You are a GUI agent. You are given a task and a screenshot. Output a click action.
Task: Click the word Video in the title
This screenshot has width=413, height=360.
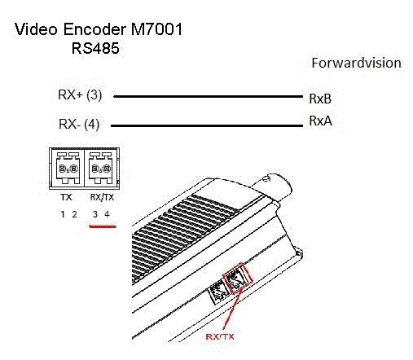pos(36,29)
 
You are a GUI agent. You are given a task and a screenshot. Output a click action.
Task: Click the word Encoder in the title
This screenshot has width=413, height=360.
pos(94,29)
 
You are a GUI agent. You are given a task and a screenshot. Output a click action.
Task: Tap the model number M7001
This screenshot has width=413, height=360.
pos(156,29)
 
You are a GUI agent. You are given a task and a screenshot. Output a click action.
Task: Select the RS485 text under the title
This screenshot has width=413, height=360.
pos(95,48)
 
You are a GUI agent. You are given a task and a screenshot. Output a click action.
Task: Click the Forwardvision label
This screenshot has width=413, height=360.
pos(356,63)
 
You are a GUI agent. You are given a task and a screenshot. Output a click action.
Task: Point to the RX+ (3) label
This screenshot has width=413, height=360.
pos(80,94)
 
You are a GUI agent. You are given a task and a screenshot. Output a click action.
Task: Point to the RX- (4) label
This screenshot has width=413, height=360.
pos(79,124)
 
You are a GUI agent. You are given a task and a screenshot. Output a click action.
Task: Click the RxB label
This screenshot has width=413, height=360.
pos(320,99)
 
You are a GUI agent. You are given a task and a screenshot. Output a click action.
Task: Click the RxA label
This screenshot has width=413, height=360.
pos(320,121)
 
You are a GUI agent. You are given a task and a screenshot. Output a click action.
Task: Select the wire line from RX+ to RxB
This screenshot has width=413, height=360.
pos(208,96)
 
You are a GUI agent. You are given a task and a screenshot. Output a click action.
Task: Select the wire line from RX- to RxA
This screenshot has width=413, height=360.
pos(207,125)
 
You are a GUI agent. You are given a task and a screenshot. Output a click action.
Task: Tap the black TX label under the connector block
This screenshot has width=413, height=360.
pos(67,197)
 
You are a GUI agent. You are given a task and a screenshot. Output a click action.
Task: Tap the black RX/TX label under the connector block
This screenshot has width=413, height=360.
pos(102,197)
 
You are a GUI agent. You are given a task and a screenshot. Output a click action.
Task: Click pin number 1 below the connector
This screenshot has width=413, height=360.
pos(63,214)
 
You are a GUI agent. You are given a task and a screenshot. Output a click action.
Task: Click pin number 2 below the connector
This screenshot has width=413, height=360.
pos(74,214)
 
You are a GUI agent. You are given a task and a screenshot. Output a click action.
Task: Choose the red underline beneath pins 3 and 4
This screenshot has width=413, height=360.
pos(103,226)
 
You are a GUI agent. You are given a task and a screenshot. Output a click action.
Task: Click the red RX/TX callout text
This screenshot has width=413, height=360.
pos(220,336)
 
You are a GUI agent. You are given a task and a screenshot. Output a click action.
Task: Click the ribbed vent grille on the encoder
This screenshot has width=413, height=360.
pos(182,236)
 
